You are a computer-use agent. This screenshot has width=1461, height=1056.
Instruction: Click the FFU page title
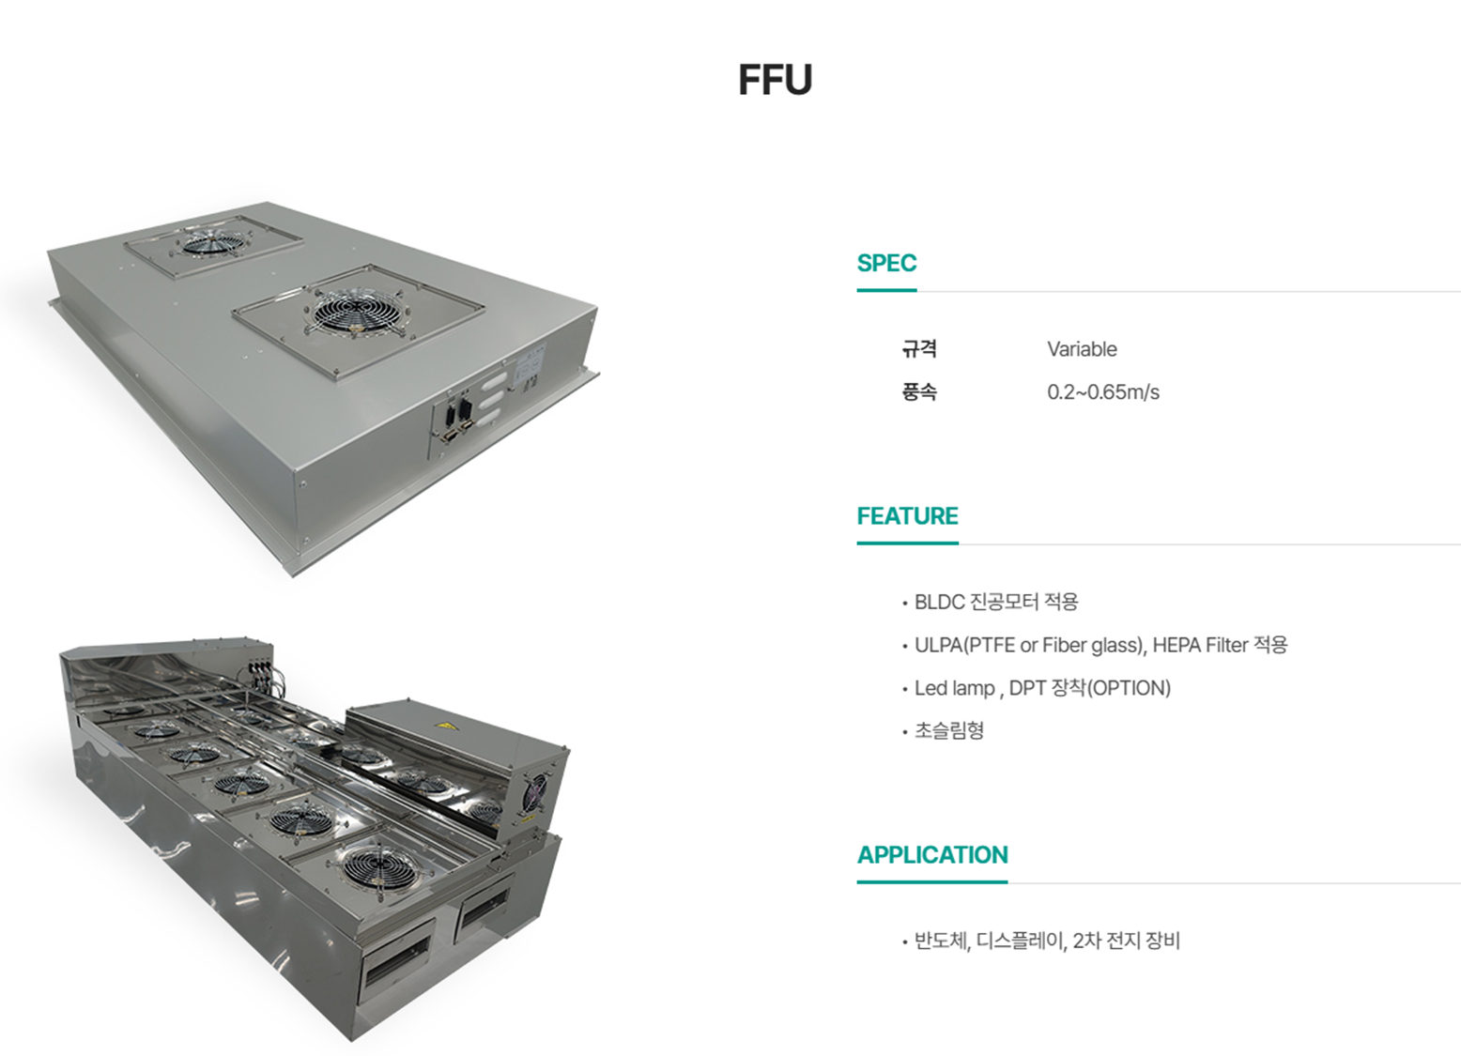point(775,80)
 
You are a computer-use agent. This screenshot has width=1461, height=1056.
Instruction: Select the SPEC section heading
point(886,263)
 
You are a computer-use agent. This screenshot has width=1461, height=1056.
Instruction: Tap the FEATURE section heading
point(907,516)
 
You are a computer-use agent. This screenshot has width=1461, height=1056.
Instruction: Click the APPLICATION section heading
point(932,855)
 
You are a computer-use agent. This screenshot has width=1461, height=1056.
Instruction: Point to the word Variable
point(1082,349)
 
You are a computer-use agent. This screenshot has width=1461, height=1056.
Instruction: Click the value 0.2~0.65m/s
point(1103,392)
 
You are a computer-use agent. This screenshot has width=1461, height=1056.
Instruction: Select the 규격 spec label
point(919,349)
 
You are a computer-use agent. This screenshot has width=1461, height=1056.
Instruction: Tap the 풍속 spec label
point(919,392)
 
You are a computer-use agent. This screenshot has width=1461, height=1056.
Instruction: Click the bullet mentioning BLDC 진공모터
point(995,602)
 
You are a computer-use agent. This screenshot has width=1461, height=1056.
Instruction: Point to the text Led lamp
point(954,688)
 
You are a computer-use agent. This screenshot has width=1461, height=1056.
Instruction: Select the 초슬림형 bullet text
point(949,730)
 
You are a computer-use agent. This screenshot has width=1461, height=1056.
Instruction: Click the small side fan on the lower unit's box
point(535,792)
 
